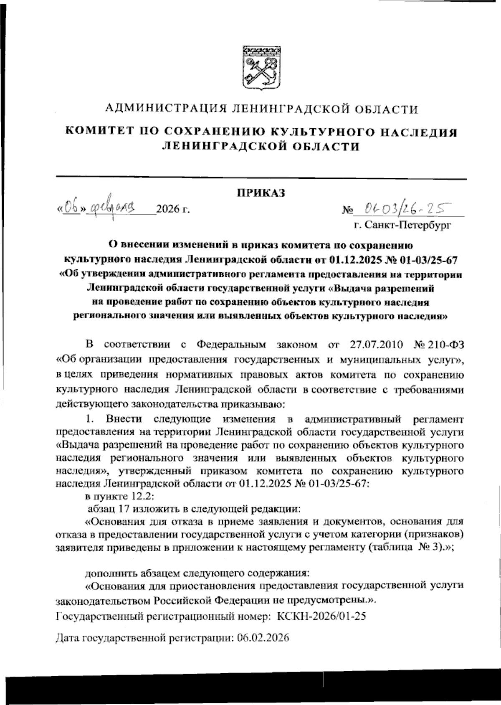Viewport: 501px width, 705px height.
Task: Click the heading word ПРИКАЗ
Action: pos(261,193)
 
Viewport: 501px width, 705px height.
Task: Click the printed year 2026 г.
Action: pos(172,208)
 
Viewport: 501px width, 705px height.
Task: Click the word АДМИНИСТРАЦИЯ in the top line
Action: pos(165,109)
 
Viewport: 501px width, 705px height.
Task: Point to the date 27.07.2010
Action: pos(374,345)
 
